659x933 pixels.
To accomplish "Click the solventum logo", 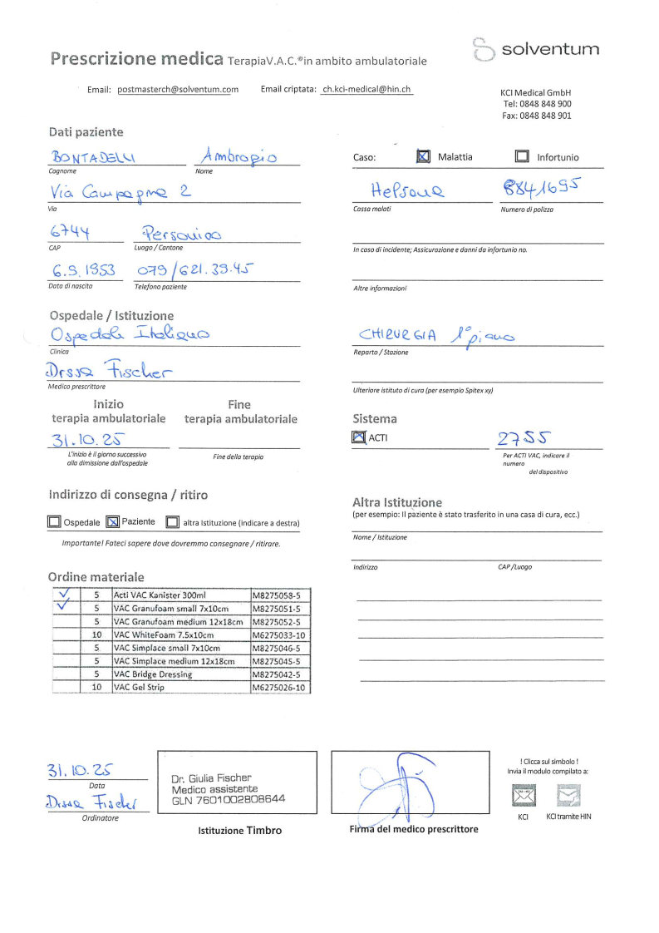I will (x=536, y=49).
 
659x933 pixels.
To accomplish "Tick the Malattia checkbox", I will (x=423, y=156).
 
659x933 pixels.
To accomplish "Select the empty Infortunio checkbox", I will (x=522, y=156).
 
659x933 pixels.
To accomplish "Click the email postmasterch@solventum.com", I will (x=178, y=90).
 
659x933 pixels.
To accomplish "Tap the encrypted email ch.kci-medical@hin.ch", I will (x=366, y=90).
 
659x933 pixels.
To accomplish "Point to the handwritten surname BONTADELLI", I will (x=98, y=156).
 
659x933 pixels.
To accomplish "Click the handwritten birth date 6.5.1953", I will (x=83, y=271).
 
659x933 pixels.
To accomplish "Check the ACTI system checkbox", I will (x=359, y=437).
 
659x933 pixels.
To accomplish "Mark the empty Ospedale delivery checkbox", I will (x=54, y=523).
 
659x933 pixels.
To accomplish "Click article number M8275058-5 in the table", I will (x=280, y=595).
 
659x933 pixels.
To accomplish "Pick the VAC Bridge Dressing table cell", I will (x=180, y=674).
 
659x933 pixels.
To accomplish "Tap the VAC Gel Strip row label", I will (x=180, y=688).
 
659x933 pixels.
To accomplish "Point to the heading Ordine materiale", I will (x=96, y=577).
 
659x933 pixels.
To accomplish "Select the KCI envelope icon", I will (x=523, y=796).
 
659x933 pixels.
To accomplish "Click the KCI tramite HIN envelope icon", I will (x=568, y=796).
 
